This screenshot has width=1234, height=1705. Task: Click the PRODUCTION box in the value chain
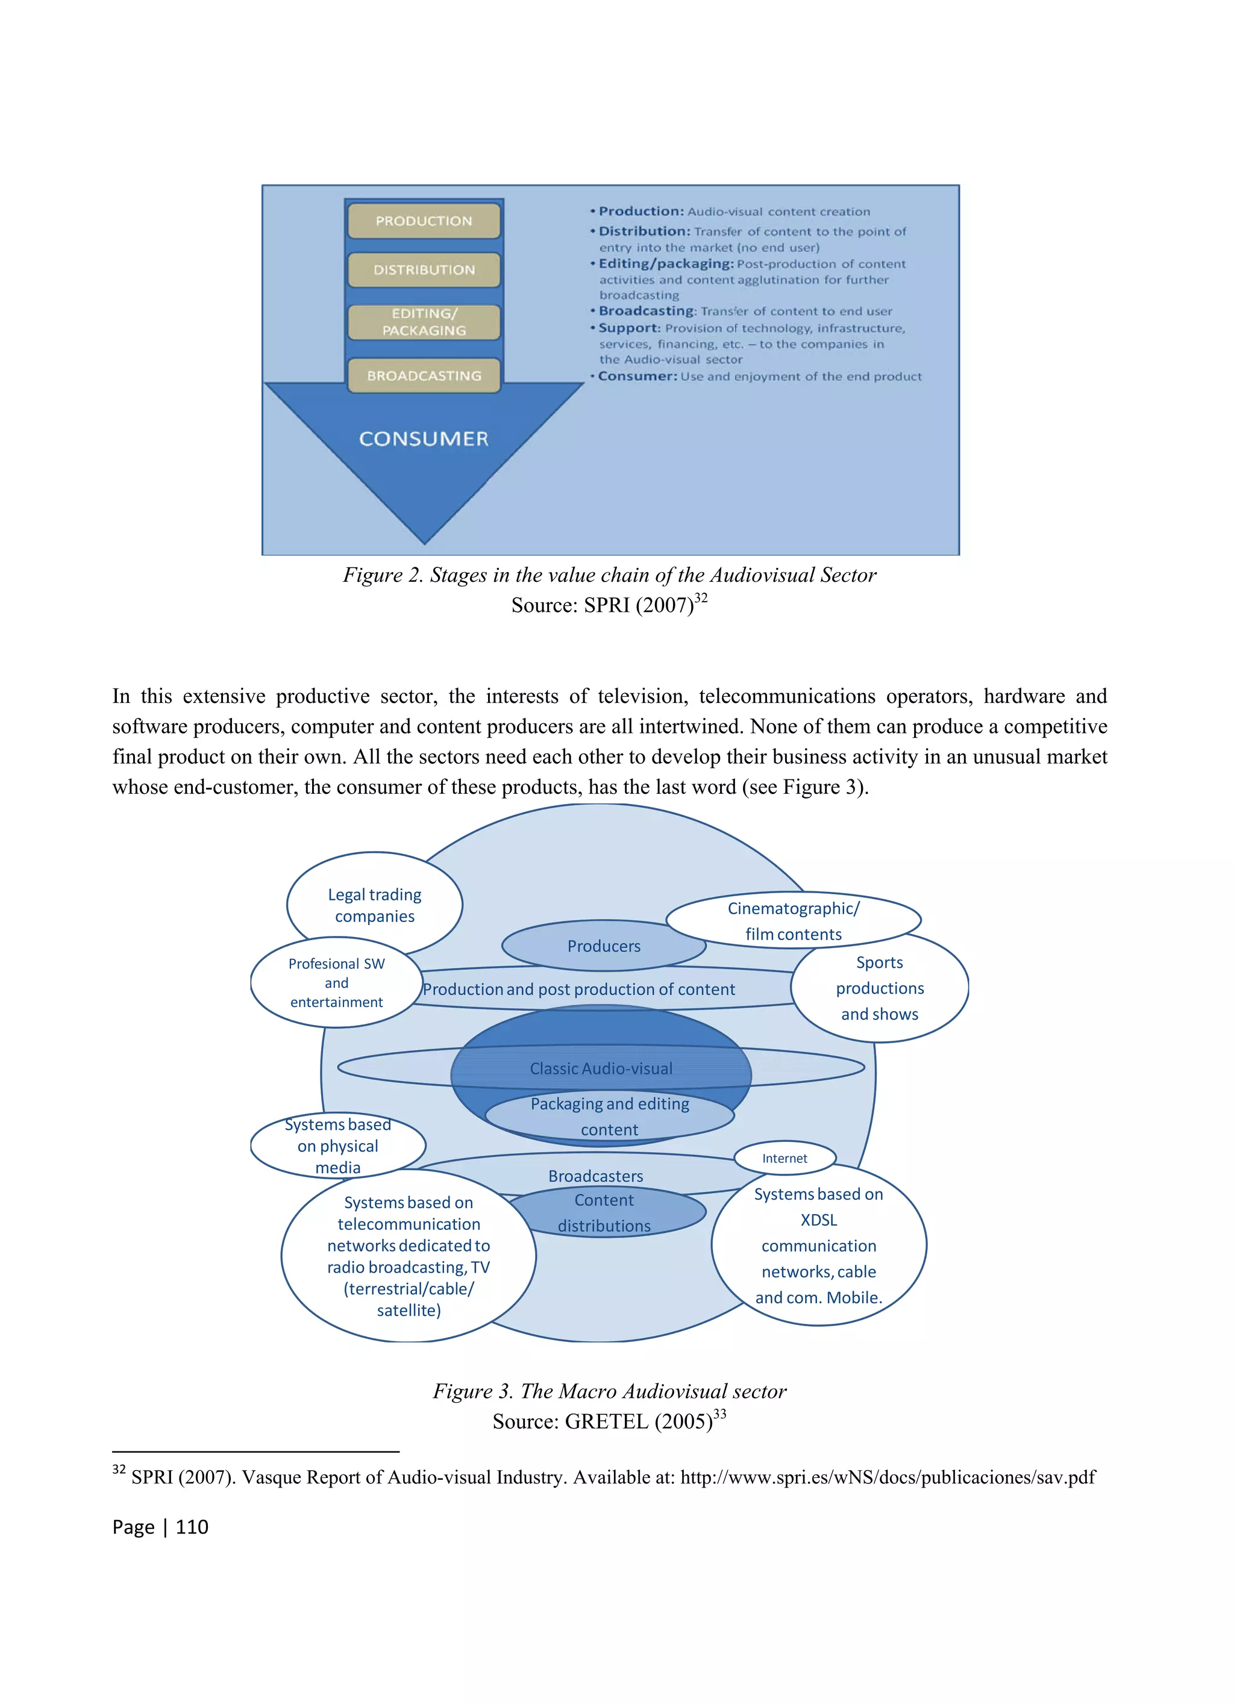click(424, 221)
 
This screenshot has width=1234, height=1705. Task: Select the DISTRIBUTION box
click(424, 270)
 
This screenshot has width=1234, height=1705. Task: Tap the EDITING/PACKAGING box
click(424, 322)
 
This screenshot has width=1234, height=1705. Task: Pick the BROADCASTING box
click(424, 376)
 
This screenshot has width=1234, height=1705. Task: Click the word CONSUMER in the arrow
click(424, 439)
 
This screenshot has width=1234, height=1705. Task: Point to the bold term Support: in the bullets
click(630, 328)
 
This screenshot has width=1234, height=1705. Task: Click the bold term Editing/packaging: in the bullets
click(665, 264)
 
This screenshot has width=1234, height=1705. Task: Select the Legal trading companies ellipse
click(375, 905)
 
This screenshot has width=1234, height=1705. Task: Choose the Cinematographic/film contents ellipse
click(794, 921)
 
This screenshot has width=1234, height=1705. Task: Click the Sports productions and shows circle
click(880, 988)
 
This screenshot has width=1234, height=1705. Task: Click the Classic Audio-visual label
click(601, 1068)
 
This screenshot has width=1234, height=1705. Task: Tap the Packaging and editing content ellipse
click(609, 1117)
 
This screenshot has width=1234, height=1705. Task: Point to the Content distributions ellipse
click(604, 1212)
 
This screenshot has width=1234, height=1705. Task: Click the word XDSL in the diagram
click(818, 1220)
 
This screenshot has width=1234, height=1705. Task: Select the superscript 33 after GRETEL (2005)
click(719, 1414)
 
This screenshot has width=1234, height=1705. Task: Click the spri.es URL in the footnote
click(888, 1478)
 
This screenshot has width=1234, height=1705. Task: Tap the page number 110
click(192, 1527)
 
